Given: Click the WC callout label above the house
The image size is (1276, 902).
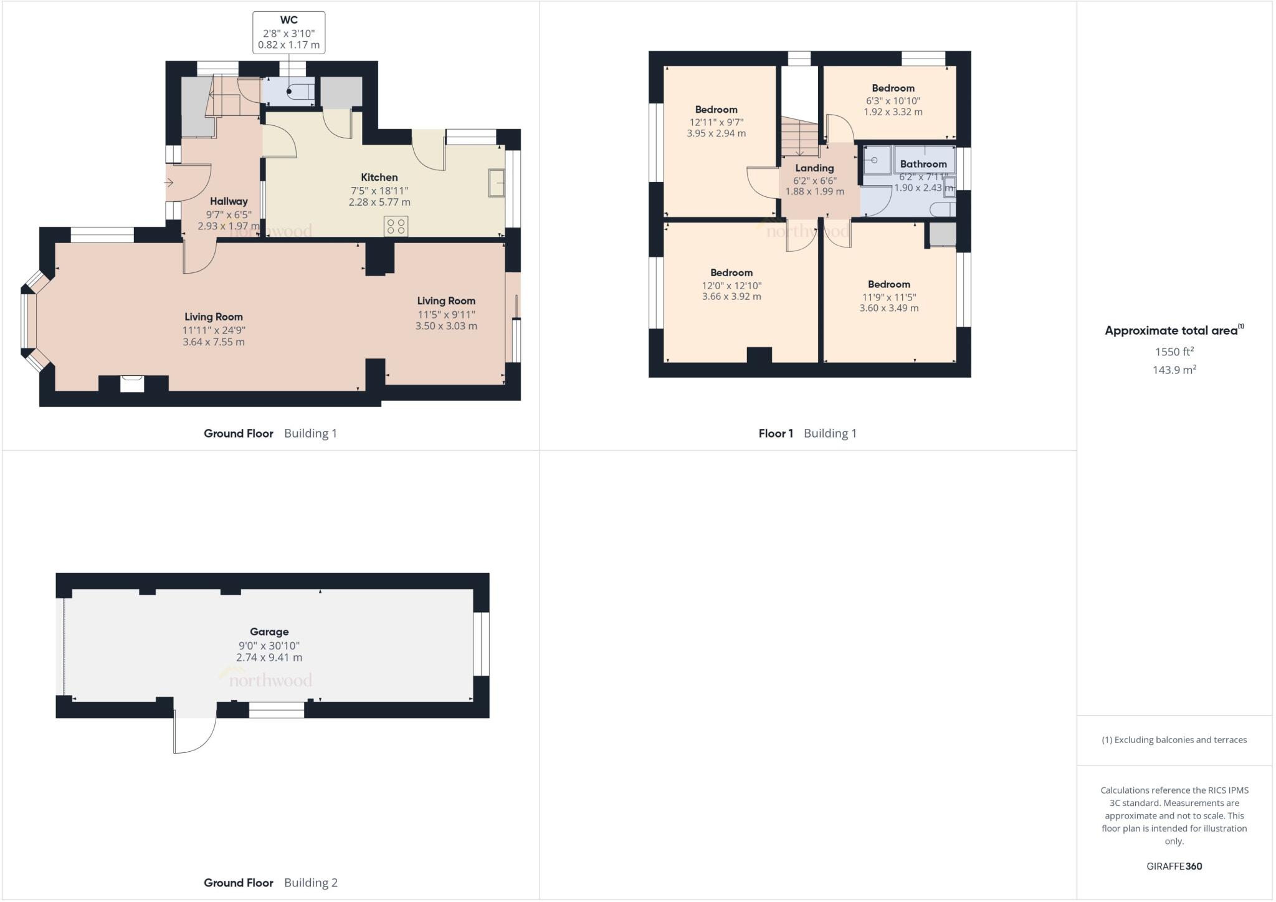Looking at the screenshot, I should tap(288, 32).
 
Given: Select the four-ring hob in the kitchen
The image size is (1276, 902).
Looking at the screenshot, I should tap(396, 226).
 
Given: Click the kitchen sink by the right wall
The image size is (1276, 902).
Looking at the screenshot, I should tap(497, 183).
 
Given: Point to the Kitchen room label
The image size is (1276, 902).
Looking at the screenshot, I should tap(379, 178).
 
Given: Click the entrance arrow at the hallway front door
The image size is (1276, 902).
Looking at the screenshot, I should tap(169, 183).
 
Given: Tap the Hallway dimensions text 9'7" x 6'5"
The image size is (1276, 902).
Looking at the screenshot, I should tap(229, 214).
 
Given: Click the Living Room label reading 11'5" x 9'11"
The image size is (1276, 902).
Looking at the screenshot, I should tap(446, 301).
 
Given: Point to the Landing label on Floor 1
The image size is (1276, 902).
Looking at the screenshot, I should tap(814, 168).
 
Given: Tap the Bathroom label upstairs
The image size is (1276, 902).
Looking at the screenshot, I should tap(923, 164).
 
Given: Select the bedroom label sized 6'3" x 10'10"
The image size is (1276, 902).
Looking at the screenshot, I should tap(893, 89).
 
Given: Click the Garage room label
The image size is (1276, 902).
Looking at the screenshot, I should tap(269, 632).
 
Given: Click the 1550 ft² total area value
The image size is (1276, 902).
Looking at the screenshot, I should tap(1174, 352).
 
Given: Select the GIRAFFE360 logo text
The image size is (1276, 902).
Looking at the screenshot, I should tap(1174, 866).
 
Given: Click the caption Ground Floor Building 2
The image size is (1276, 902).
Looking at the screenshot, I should tap(270, 883).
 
